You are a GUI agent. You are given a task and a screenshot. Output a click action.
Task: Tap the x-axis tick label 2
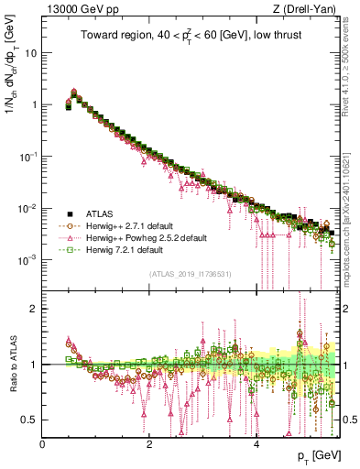click(x=149, y=443)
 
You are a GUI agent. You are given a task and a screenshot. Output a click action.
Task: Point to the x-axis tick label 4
click(x=256, y=443)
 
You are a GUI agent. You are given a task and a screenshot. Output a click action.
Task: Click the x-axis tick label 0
click(x=43, y=443)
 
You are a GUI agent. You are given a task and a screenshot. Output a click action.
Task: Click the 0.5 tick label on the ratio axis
click(x=28, y=420)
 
